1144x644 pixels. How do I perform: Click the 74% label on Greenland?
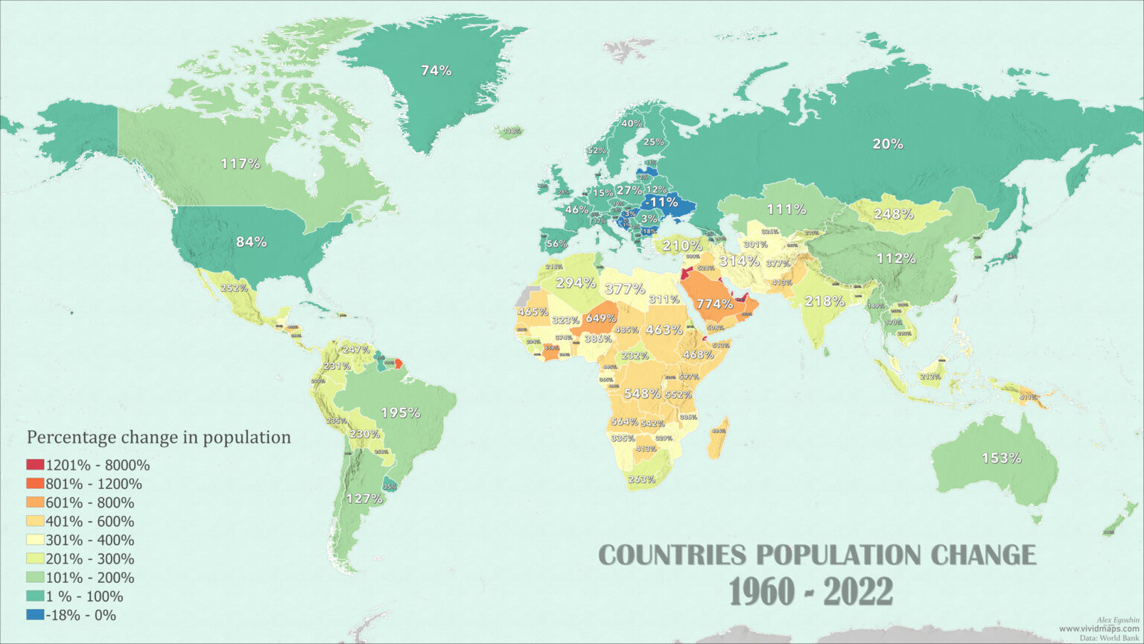(436, 71)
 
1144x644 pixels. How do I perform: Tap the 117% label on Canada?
(240, 163)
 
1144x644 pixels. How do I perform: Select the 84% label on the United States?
(251, 242)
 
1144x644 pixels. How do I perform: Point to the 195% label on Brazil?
(400, 412)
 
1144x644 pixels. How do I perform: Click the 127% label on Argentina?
(364, 499)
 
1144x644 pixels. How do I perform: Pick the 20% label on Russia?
(888, 144)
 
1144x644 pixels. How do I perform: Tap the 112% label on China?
(896, 259)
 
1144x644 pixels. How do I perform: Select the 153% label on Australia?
(1001, 458)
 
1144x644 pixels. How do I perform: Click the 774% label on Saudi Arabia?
(714, 303)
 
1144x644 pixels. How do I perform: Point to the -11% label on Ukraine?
(661, 202)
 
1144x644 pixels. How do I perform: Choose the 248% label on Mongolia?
(893, 214)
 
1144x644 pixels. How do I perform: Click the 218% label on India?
(824, 301)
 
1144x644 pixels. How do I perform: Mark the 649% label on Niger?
(600, 318)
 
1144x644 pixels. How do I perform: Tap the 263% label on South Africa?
(641, 479)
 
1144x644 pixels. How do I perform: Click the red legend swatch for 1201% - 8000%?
(35, 465)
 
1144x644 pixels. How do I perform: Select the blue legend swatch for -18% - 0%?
(35, 615)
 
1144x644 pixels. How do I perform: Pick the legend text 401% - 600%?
(89, 521)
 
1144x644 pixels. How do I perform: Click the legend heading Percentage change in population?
(159, 437)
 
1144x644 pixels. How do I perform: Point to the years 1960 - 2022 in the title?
(810, 593)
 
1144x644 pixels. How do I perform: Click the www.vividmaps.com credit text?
(1099, 629)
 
